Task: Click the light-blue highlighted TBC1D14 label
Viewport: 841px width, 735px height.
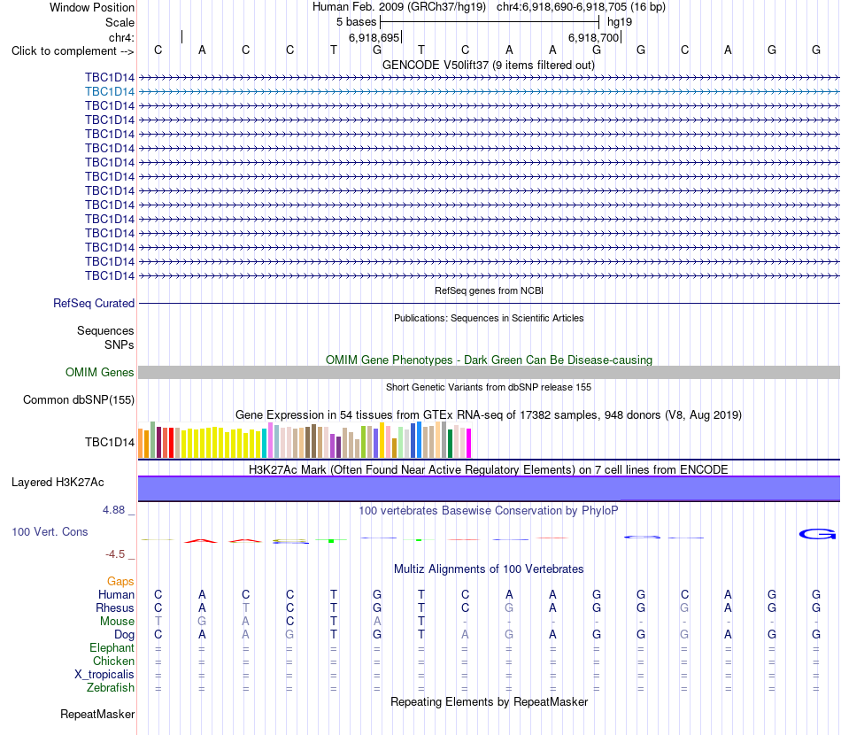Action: coord(110,92)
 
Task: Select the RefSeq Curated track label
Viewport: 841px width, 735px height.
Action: coord(94,303)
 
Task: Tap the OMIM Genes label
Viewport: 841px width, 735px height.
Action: coord(100,372)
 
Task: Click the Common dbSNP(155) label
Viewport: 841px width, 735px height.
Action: coord(79,399)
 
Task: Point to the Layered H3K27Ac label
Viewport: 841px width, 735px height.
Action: coord(58,483)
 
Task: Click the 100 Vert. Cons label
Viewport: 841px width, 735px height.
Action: coord(50,531)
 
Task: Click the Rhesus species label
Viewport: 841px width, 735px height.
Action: coord(115,607)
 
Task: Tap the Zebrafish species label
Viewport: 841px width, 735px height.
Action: coord(111,687)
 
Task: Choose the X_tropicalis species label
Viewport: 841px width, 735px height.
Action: coord(104,675)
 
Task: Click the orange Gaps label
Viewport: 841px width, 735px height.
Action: coord(120,581)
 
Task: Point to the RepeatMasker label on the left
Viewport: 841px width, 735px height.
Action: coord(97,714)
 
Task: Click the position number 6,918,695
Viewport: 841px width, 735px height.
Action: coord(374,37)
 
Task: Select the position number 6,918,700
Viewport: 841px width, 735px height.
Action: coord(593,37)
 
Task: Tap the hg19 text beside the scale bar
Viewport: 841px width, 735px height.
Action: coord(620,22)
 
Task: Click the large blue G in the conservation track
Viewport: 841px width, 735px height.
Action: coord(817,534)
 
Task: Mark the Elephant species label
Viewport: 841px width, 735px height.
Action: coord(112,647)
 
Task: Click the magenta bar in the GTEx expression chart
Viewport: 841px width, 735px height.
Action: coord(468,443)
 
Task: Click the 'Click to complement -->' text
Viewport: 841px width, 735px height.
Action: coord(73,51)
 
